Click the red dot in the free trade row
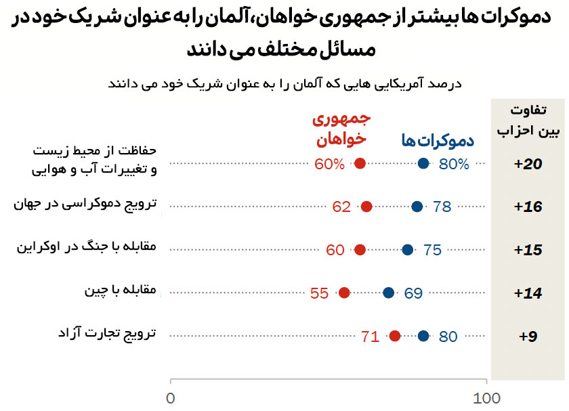tap(395, 336)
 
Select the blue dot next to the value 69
tap(388, 293)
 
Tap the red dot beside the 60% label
tap(360, 163)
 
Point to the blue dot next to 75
tap(407, 250)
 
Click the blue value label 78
tap(442, 207)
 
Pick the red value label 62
tap(341, 207)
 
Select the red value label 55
tap(319, 293)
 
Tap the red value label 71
tap(370, 336)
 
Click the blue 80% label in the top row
tap(454, 163)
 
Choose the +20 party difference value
tap(528, 164)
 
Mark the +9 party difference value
tap(528, 336)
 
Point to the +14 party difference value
tap(528, 293)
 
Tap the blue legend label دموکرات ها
tap(437, 141)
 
